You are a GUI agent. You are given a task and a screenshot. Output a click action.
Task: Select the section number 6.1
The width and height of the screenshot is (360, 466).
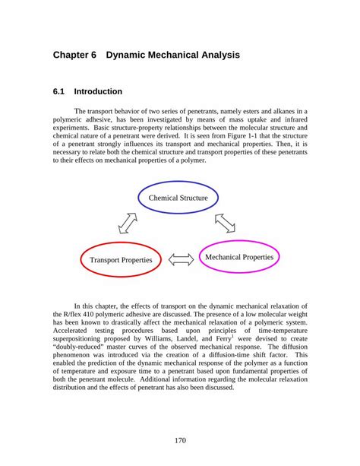pyautogui.click(x=59, y=92)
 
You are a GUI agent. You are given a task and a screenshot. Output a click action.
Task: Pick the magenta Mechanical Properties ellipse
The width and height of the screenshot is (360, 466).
pyautogui.click(x=239, y=257)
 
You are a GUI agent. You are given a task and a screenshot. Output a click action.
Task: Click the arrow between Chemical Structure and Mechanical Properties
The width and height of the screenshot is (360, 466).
pyautogui.click(x=224, y=223)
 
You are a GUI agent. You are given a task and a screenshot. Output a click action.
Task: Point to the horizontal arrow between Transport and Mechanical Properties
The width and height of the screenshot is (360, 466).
pyautogui.click(x=181, y=260)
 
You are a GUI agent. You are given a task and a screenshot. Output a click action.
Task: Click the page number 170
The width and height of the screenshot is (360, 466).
pyautogui.click(x=180, y=439)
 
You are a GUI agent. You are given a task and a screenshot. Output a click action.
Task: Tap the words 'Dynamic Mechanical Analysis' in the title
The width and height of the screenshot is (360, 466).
pyautogui.click(x=173, y=55)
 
